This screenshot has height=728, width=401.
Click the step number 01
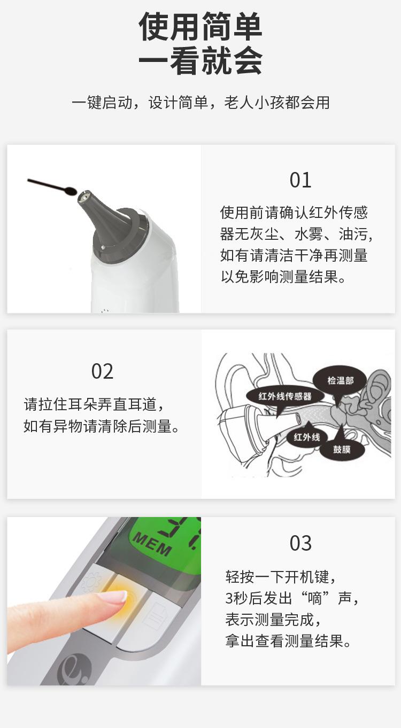(300, 180)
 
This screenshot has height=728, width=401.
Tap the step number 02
(102, 371)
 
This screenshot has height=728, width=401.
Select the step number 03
(300, 543)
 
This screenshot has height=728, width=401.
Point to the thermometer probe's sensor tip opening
(83, 198)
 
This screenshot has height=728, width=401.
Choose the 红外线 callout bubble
(307, 437)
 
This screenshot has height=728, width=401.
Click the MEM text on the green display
(152, 543)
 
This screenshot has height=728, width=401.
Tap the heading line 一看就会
(200, 61)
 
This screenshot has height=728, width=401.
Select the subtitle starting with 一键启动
(200, 103)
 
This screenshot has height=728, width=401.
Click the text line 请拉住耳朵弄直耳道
(90, 404)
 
